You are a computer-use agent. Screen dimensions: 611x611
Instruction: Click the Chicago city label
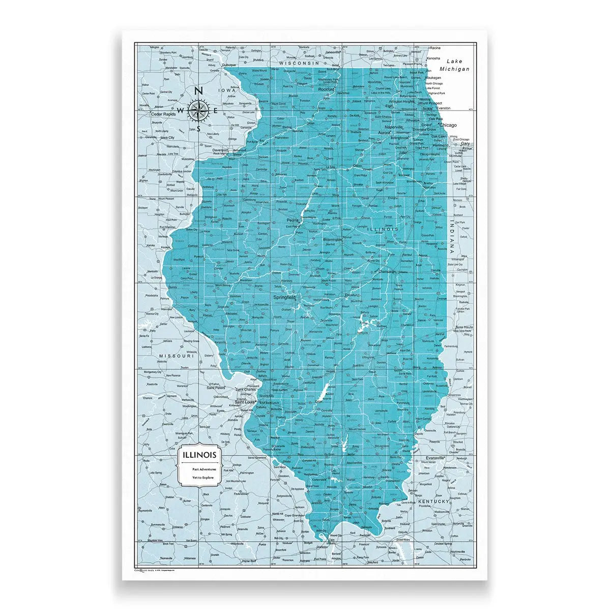click(448, 125)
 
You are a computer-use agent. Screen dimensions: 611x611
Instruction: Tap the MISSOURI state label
click(176, 356)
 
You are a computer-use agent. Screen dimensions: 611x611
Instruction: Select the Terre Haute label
click(464, 327)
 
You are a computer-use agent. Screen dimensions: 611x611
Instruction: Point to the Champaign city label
click(388, 272)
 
